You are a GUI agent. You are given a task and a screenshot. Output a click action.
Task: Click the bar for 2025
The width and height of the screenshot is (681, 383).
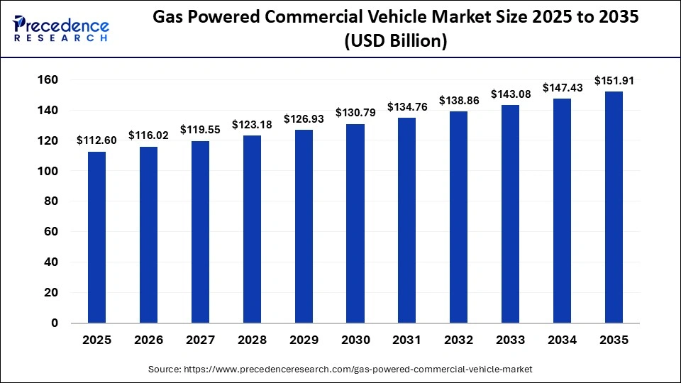(x=96, y=238)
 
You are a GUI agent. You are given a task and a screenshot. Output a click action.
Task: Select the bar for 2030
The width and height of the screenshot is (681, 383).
(x=355, y=223)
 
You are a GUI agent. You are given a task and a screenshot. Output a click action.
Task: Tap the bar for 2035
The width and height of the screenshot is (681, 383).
(x=614, y=207)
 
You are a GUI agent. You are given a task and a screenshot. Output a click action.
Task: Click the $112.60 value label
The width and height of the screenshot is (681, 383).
(x=96, y=140)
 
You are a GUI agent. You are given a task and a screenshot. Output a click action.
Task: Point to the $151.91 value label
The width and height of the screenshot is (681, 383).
(x=614, y=80)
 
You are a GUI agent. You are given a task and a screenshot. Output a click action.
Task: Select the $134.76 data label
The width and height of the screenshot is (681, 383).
(x=407, y=107)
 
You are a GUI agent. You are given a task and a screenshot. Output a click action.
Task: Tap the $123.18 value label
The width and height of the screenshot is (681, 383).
(x=252, y=124)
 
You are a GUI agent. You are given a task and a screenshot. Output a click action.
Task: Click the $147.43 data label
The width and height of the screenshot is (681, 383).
(x=563, y=87)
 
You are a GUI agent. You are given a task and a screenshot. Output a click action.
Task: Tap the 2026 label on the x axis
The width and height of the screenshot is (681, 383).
(x=148, y=340)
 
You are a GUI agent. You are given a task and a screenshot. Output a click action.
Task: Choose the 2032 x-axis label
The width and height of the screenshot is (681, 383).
(x=458, y=340)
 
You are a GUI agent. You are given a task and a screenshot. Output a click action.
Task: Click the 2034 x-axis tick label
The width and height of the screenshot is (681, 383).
(x=563, y=340)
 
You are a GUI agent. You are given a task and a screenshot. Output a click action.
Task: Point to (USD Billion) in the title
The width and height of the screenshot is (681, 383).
(x=396, y=42)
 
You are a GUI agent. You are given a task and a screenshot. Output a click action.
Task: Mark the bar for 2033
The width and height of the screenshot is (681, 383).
(x=511, y=213)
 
